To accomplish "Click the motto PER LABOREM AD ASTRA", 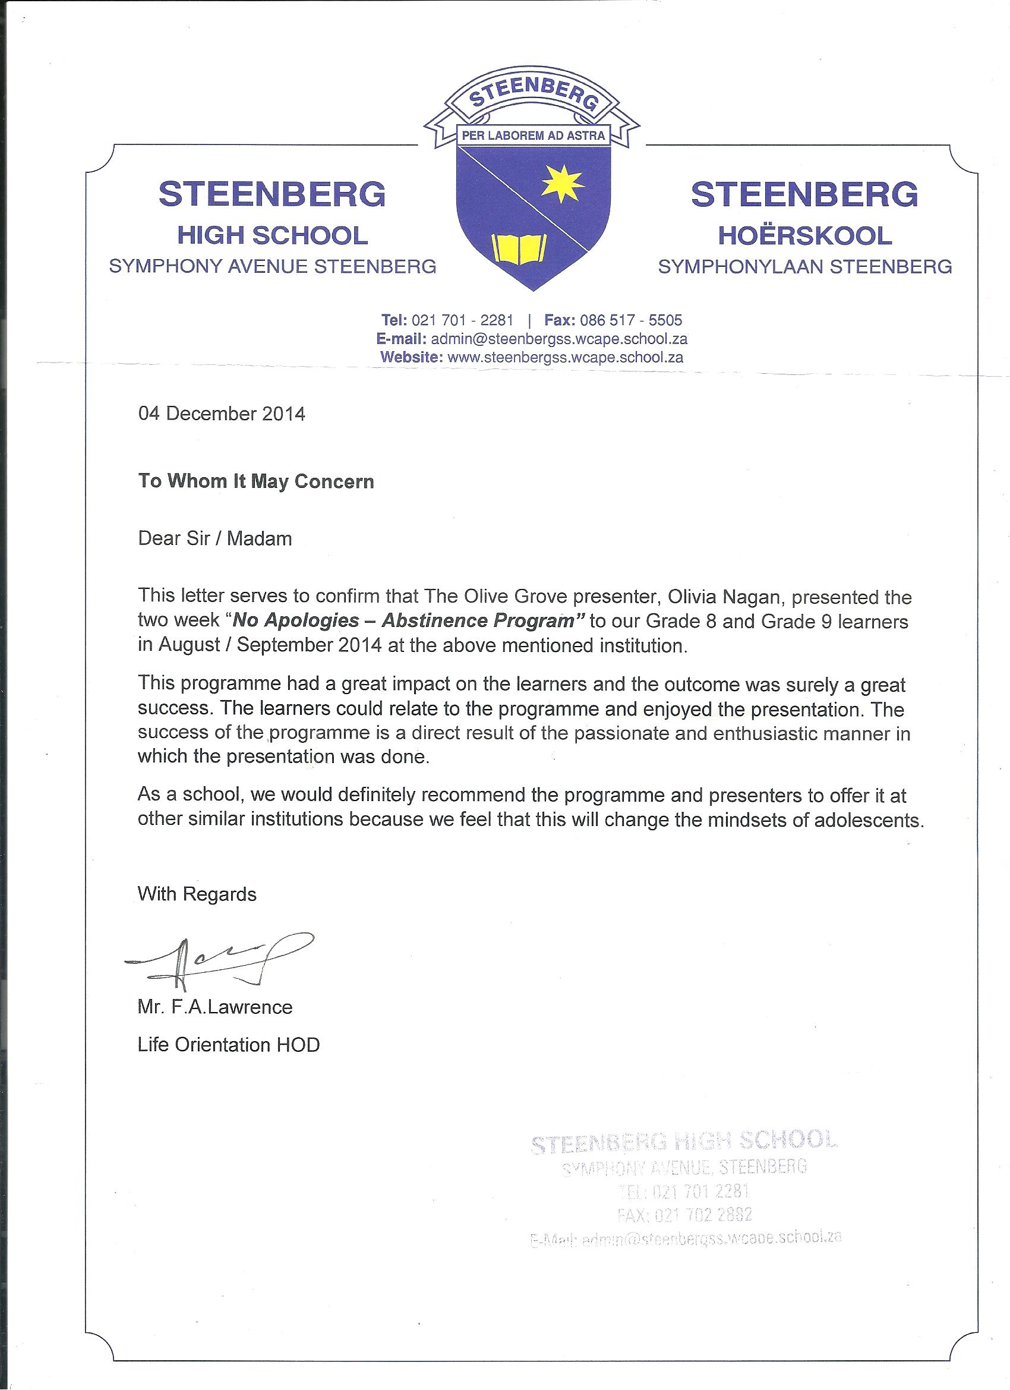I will [532, 135].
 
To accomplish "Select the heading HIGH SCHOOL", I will [272, 235].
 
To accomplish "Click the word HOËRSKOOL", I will [804, 235].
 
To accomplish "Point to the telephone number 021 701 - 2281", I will [462, 320].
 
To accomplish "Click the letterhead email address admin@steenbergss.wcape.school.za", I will [559, 339].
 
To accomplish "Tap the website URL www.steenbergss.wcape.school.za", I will [565, 357].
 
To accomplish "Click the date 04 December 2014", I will [221, 414].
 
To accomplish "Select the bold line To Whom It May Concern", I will [255, 481].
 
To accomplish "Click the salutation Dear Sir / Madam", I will [214, 539].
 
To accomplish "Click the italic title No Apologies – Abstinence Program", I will [409, 621].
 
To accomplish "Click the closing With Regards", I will [197, 894].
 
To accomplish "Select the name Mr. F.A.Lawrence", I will [215, 1007].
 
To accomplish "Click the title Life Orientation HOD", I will [229, 1044].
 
